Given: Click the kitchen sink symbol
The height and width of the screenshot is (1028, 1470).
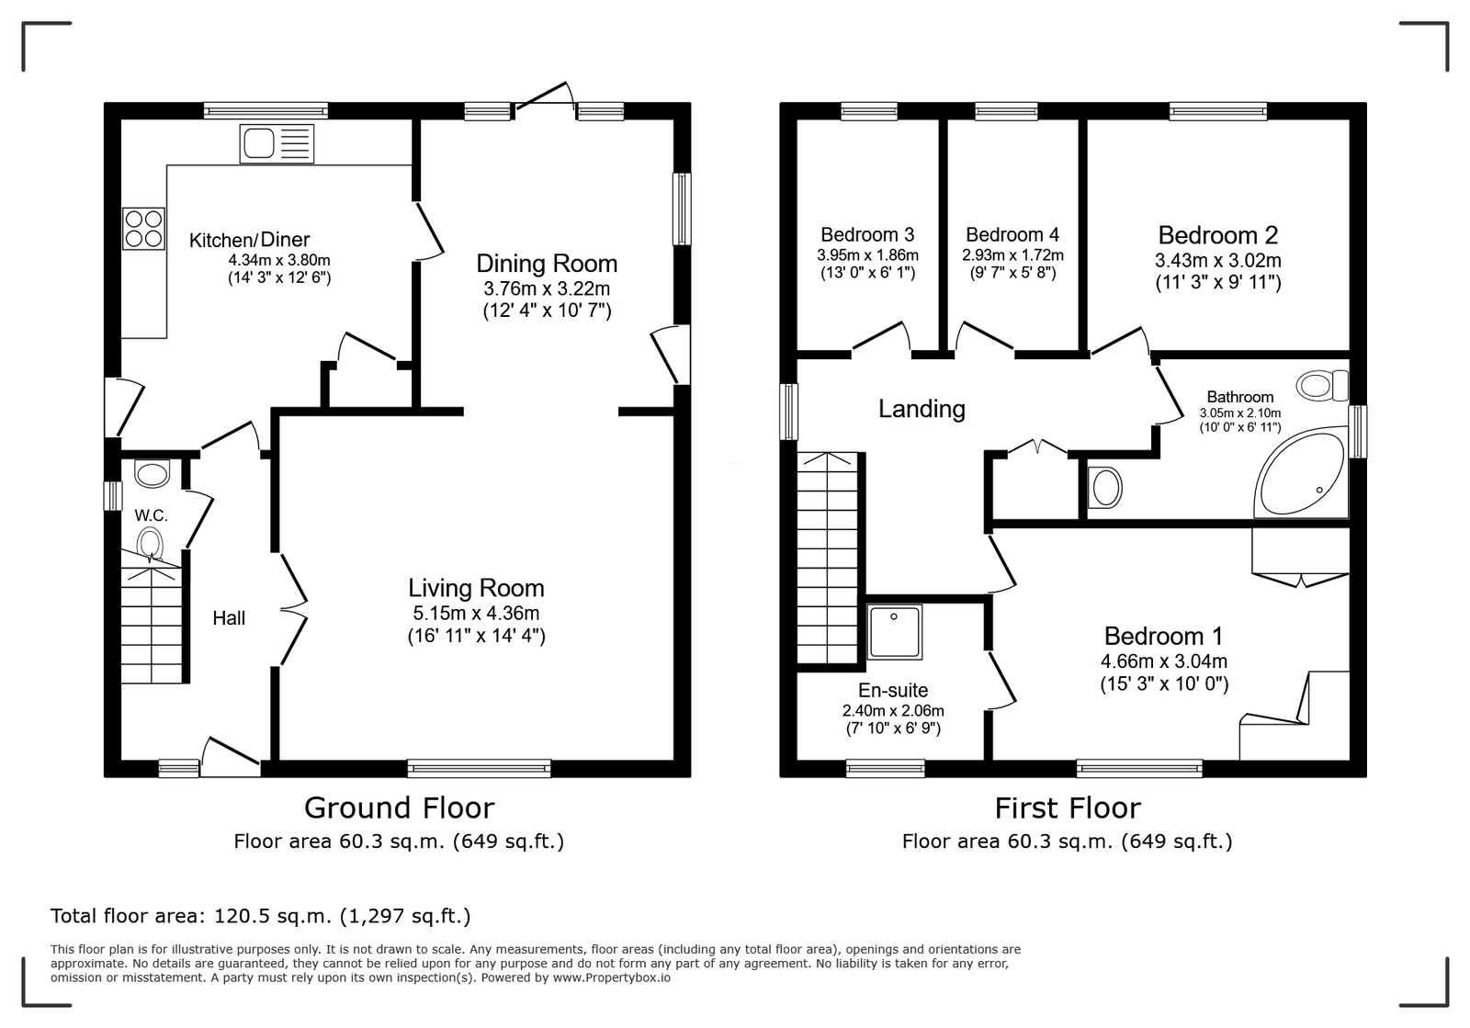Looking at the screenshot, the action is point(277,143).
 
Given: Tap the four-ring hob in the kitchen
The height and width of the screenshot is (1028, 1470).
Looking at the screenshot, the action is point(143,229).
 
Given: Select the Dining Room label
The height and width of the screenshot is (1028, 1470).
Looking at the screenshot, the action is point(547,264).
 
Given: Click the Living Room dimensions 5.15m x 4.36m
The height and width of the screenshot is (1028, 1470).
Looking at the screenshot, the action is point(477,614).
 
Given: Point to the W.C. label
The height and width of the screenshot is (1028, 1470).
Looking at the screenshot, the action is point(151,515).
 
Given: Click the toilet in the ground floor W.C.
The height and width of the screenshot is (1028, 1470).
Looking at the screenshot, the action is point(151,544).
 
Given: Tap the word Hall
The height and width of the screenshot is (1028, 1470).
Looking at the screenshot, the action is point(229,618).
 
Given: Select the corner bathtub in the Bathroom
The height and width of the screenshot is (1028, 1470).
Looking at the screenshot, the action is point(1301,471).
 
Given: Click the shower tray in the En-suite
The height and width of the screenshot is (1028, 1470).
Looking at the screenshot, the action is point(895,632).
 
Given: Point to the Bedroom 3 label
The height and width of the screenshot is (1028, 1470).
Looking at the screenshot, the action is point(867,235).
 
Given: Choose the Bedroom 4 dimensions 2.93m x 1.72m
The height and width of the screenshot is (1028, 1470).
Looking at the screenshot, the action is point(1012,255).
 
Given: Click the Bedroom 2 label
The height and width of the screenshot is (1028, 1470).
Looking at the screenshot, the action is point(1218,235).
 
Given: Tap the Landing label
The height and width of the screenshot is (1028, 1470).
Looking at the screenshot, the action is point(922,409).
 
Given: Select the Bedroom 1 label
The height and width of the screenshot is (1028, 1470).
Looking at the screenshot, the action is point(1163,636).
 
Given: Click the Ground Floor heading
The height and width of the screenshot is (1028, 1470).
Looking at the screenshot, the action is point(399,808).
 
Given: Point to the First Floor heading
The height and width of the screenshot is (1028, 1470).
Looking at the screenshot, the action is point(1068,808).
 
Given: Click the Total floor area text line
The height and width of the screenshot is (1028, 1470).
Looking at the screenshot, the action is point(261,916).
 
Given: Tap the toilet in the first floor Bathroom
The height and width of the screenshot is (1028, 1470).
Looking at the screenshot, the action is point(1322,385).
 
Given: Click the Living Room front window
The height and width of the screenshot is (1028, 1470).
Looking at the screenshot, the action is point(479,768).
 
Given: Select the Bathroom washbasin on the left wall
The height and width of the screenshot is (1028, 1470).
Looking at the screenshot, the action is point(1104,488).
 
